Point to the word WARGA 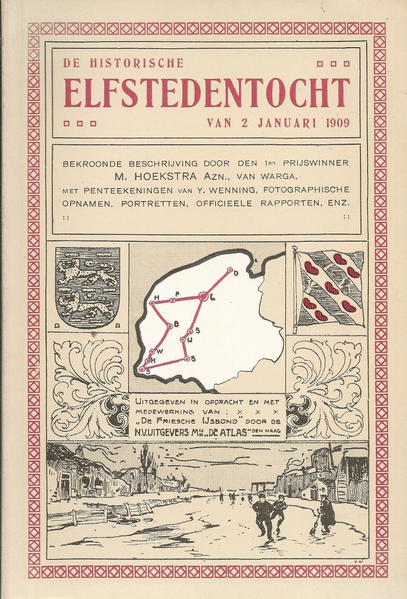(281, 176)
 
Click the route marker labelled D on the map (230, 270)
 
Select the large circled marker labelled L (203, 297)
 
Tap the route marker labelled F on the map (172, 300)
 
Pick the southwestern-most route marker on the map (142, 369)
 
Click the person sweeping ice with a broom (326, 512)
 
